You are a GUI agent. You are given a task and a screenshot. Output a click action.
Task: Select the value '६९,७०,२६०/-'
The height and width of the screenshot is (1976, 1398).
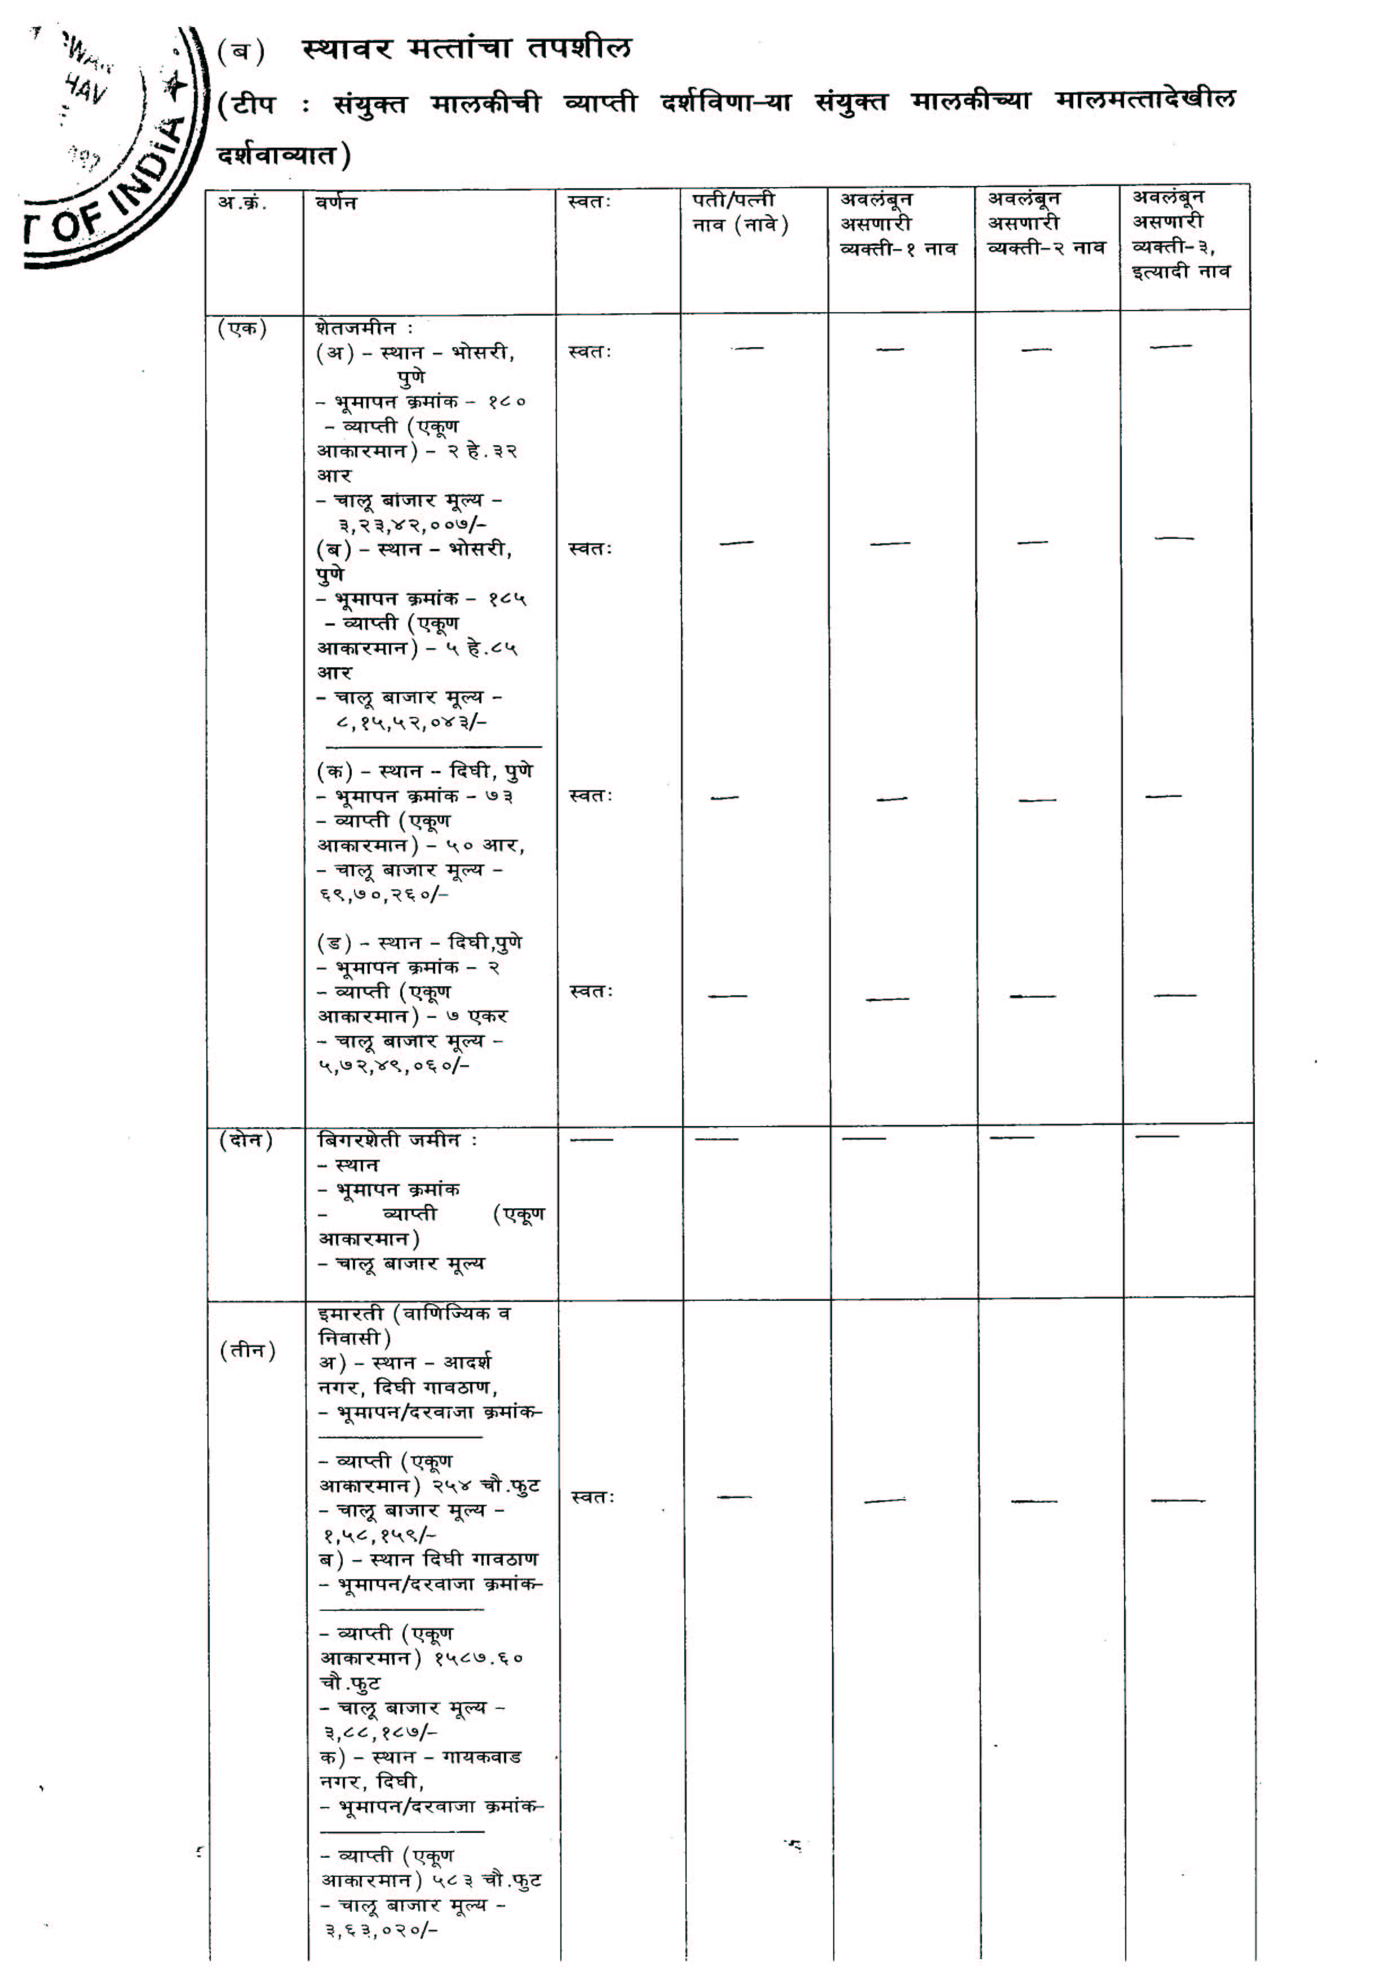pyautogui.click(x=384, y=894)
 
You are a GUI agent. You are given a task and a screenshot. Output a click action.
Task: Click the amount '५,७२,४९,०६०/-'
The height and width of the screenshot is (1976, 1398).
pyautogui.click(x=393, y=1065)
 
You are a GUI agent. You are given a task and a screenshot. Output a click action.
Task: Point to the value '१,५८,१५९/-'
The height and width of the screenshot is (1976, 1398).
pyautogui.click(x=379, y=1535)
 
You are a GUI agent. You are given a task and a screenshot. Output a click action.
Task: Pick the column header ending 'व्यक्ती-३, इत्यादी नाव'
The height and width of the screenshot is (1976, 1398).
pyautogui.click(x=1181, y=234)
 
